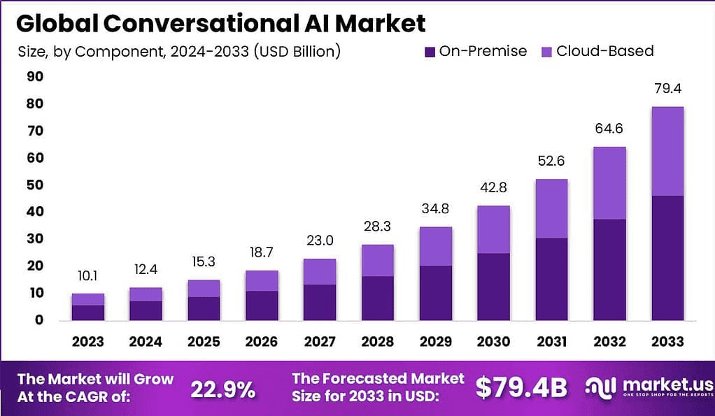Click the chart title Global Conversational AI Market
point(220,23)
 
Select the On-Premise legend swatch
point(430,52)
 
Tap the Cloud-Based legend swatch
point(546,52)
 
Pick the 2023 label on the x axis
point(87,341)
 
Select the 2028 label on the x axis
point(377,341)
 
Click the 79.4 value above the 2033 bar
point(667,89)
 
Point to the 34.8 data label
point(435,210)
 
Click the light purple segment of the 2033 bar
point(667,151)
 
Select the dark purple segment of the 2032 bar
point(609,269)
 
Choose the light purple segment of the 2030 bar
point(493,229)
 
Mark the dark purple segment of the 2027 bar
point(319,302)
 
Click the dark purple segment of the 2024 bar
point(146,310)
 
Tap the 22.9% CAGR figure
point(223,389)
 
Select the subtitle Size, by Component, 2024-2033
point(179,52)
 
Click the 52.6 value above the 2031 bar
point(551,161)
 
